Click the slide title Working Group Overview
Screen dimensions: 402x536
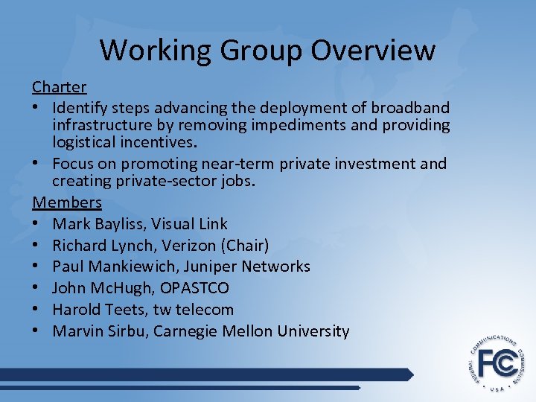coord(267,51)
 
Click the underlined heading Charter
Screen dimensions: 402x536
coord(59,87)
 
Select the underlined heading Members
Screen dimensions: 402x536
coord(67,202)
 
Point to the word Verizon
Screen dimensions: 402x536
coord(186,246)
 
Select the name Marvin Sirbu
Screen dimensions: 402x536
coord(100,331)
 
